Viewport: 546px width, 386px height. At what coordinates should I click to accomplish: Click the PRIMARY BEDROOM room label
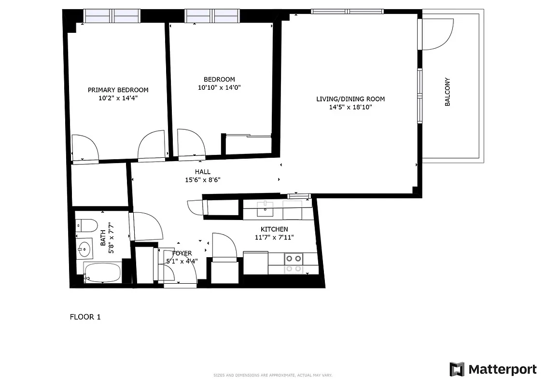[x=118, y=90]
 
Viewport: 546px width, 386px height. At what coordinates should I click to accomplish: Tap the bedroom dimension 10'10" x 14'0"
[x=219, y=88]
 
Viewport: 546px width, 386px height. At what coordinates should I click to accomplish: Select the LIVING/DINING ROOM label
[x=350, y=99]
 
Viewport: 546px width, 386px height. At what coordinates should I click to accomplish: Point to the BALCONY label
[x=447, y=92]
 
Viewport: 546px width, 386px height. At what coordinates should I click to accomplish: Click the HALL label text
[x=203, y=172]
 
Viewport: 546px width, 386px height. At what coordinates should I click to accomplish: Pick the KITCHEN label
[x=274, y=229]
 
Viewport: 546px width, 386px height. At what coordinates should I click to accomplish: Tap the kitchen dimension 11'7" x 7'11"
[x=274, y=237]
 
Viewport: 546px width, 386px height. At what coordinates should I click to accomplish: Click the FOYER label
[x=182, y=253]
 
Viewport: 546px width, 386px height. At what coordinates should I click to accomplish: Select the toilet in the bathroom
[x=87, y=225]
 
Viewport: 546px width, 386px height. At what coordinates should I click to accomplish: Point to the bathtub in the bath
[x=102, y=273]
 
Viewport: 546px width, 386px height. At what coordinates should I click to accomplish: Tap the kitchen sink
[x=265, y=209]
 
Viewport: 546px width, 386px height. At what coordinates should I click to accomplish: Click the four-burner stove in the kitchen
[x=293, y=263]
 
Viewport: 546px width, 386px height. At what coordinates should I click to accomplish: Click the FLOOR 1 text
[x=85, y=317]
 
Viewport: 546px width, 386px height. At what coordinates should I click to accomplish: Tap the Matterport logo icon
[x=457, y=370]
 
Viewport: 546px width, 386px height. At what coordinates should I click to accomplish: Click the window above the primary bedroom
[x=112, y=16]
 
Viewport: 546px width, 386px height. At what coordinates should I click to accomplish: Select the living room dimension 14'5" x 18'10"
[x=350, y=107]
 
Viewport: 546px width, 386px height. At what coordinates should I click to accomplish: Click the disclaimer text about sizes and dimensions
[x=273, y=375]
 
